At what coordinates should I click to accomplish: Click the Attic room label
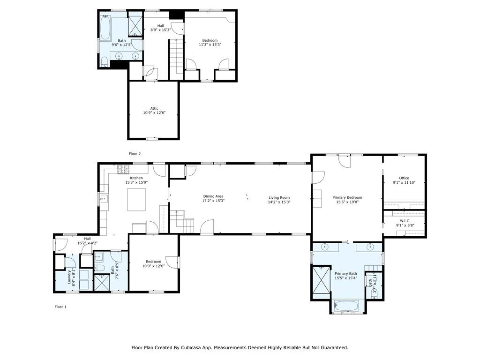[154, 108]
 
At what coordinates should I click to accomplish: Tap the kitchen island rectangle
[136, 200]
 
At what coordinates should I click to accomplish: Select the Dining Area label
[213, 196]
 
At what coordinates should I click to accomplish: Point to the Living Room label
[279, 198]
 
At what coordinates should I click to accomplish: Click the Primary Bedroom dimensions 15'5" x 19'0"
[347, 202]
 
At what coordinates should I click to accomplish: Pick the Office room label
[404, 178]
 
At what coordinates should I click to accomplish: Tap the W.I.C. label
[405, 221]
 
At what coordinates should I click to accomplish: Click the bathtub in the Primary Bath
[346, 306]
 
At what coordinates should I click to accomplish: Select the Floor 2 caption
[135, 154]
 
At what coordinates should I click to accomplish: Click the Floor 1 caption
[60, 307]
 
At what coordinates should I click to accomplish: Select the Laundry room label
[69, 277]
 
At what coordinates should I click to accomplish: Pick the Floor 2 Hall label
[161, 26]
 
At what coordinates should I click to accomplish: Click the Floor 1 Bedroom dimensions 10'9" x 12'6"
[153, 266]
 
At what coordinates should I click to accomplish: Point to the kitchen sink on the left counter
[104, 199]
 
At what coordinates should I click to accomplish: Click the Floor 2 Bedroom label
[210, 40]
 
